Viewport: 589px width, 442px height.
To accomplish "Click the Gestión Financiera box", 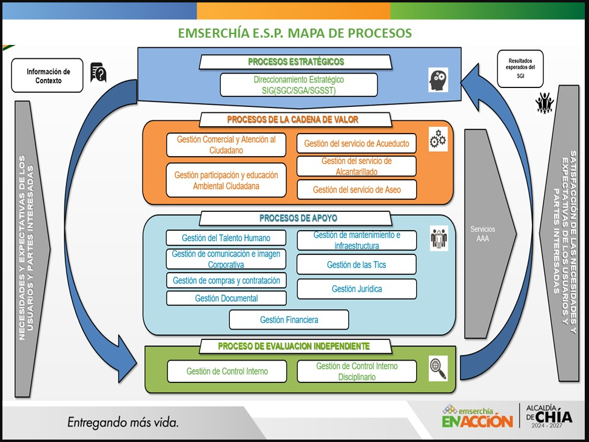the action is coord(289,319).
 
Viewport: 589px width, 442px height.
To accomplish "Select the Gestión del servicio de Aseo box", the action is coord(357,189).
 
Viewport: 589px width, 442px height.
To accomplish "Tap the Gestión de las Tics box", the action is coord(357,265).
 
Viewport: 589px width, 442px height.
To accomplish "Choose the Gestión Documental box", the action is coord(226,298).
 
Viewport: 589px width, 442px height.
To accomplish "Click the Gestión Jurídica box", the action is coord(357,288).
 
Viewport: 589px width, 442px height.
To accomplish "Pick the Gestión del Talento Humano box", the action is coord(226,238).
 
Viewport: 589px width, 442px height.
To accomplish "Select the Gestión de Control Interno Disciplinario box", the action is coord(357,372).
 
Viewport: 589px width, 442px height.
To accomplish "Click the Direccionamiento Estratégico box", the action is coord(298,85).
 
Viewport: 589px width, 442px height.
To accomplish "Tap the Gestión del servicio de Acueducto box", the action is coord(357,143).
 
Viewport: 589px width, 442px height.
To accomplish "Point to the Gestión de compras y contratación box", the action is coord(226,280).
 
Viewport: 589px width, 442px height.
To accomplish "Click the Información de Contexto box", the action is coord(47,75).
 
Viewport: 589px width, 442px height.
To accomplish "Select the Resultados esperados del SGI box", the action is coord(520,69).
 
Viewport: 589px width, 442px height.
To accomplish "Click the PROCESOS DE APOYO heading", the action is coord(298,218).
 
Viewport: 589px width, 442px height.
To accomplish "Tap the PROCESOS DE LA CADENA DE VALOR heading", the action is coord(292,120).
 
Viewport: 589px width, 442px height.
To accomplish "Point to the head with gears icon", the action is coord(439,80).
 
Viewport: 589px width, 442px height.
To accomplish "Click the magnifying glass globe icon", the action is coord(439,369).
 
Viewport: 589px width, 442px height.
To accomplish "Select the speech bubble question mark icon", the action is coord(98,72).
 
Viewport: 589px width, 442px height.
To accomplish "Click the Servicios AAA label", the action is coord(483,234).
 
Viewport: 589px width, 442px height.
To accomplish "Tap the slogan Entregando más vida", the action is coord(123,423).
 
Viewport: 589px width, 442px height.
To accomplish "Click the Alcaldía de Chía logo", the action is coord(549,416).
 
